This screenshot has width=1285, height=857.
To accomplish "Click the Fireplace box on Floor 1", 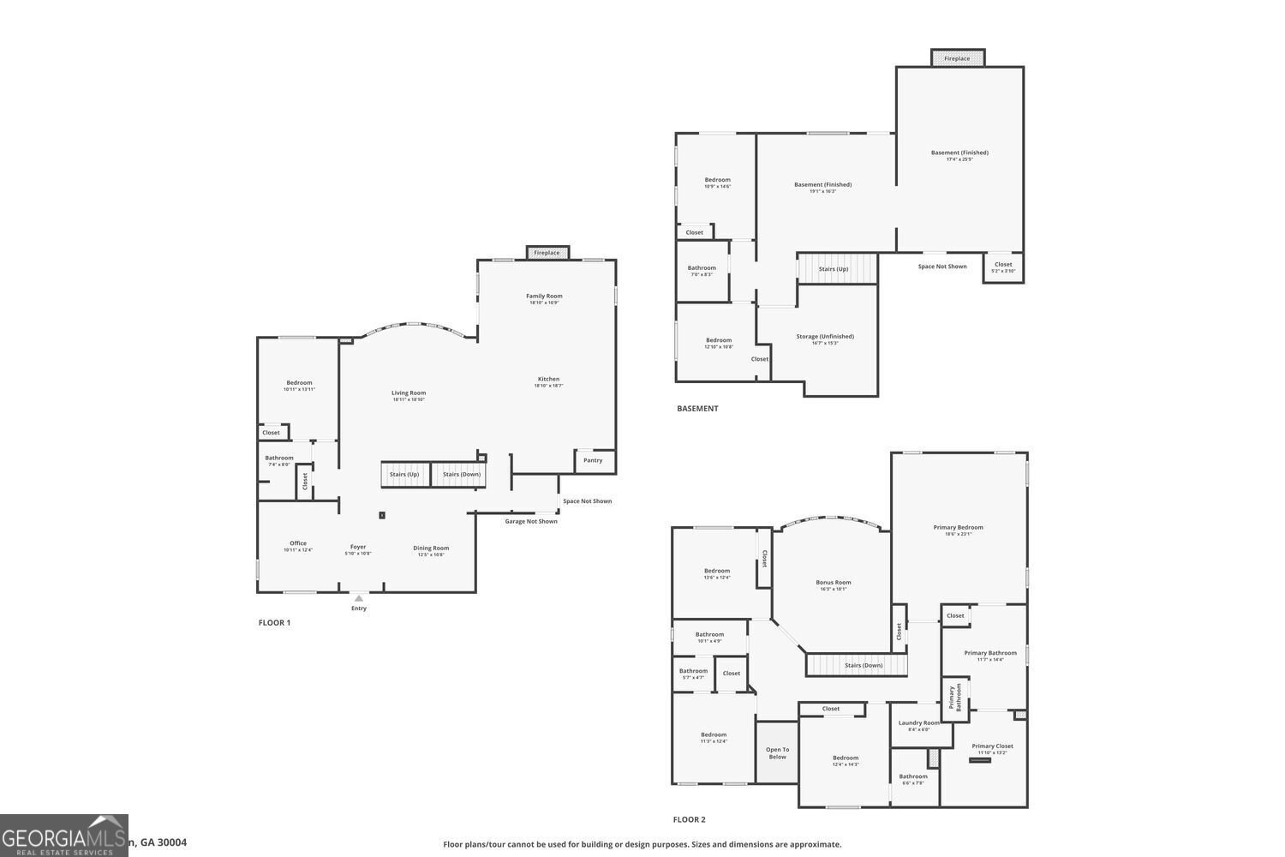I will pyautogui.click(x=547, y=253).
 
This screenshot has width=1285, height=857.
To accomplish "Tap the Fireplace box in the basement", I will pyautogui.click(x=958, y=58).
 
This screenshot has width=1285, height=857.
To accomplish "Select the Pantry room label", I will pyautogui.click(x=593, y=460).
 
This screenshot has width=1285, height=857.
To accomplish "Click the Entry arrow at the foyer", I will pyautogui.click(x=358, y=598).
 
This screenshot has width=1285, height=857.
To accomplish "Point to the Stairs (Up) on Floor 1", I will pyautogui.click(x=404, y=475).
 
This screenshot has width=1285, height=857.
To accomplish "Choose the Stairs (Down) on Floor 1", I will pyautogui.click(x=461, y=475).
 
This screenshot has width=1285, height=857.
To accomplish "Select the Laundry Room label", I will pyautogui.click(x=918, y=723).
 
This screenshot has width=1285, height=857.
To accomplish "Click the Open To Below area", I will pyautogui.click(x=777, y=753).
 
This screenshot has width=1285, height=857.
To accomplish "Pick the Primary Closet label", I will pyautogui.click(x=992, y=746).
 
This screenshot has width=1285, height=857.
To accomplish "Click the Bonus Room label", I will pyautogui.click(x=833, y=583).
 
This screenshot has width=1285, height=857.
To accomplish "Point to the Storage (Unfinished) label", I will pyautogui.click(x=824, y=337).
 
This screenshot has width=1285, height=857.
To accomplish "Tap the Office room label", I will pyautogui.click(x=298, y=543).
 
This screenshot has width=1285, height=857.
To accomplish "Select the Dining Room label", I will pyautogui.click(x=431, y=548).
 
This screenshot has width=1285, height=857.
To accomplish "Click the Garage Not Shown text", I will pyautogui.click(x=531, y=521).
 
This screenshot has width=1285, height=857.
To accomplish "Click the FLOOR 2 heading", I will pyautogui.click(x=690, y=820).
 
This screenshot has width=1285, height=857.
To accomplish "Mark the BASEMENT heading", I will pyautogui.click(x=697, y=409).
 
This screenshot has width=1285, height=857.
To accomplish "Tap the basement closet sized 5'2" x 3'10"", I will pyautogui.click(x=1003, y=266).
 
